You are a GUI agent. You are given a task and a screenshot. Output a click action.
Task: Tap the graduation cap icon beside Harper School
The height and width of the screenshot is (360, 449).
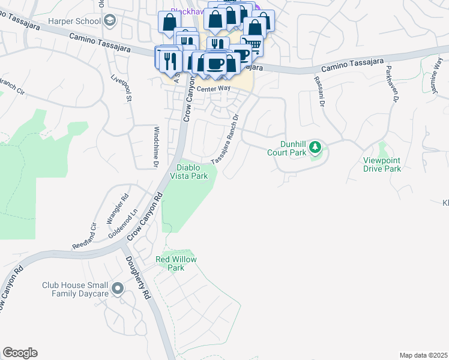(109, 21)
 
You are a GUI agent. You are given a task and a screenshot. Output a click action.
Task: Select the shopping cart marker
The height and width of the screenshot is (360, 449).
(252, 45)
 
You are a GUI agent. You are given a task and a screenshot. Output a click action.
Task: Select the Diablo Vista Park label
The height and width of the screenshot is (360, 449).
(191, 172)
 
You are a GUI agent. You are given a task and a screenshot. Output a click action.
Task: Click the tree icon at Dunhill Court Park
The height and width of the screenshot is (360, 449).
(315, 148)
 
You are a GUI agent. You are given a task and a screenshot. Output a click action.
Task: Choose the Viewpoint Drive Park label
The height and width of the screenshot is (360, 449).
(382, 164)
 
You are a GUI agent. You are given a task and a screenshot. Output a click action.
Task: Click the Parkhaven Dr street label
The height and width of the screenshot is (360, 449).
(391, 84)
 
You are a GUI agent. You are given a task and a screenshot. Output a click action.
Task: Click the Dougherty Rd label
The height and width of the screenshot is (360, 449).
(137, 278)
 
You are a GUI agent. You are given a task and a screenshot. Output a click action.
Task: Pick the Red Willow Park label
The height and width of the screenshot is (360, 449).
(176, 263)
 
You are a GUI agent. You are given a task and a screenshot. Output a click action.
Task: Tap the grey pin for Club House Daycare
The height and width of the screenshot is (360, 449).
(117, 290)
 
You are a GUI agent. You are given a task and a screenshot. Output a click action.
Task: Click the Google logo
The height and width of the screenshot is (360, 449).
(20, 353)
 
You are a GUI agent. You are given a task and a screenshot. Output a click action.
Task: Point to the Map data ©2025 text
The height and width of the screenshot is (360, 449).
(423, 355)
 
